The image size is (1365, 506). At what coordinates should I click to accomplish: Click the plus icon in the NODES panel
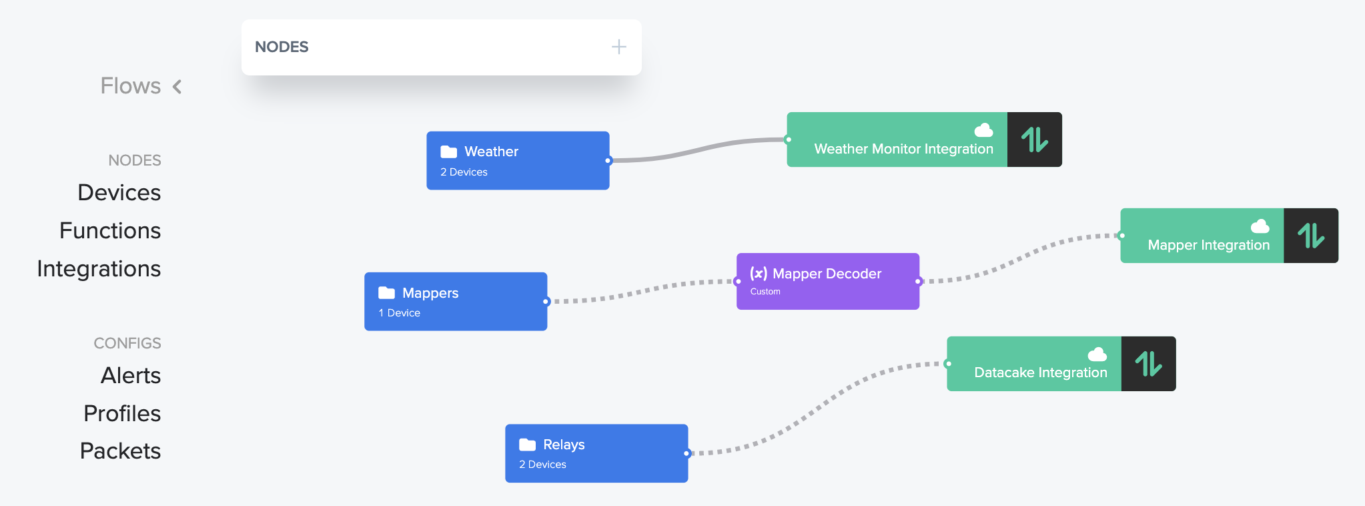tap(619, 47)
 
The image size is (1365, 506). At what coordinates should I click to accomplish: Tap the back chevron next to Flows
tap(177, 87)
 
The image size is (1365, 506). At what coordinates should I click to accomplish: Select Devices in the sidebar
tap(119, 192)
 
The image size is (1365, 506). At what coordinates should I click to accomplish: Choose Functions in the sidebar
tap(110, 230)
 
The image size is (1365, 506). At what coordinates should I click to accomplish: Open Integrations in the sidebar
tap(99, 268)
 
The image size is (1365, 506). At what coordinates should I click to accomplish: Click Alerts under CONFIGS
tap(131, 375)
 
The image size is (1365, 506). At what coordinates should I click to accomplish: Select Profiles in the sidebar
tap(122, 413)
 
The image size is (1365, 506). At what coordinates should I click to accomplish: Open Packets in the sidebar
tap(120, 451)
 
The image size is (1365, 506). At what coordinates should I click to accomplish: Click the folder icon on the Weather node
tap(448, 152)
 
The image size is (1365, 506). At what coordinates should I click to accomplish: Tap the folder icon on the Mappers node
tap(386, 292)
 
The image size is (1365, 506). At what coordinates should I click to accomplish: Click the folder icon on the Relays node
tap(527, 444)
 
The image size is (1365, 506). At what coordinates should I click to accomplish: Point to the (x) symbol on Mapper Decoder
tap(758, 273)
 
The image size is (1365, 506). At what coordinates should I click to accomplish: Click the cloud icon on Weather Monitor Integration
tap(983, 130)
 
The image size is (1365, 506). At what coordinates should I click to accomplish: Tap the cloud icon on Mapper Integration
tap(1260, 226)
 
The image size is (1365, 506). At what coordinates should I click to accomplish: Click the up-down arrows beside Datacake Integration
tap(1148, 364)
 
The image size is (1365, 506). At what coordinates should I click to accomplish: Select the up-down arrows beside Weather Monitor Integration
tap(1034, 140)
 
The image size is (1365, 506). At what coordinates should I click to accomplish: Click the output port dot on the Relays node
tap(687, 453)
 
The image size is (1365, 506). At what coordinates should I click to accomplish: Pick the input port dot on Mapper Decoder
tap(737, 281)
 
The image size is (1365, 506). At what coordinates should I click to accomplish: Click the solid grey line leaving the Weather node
tap(698, 150)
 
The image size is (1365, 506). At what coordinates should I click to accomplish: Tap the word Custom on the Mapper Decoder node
tap(765, 292)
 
